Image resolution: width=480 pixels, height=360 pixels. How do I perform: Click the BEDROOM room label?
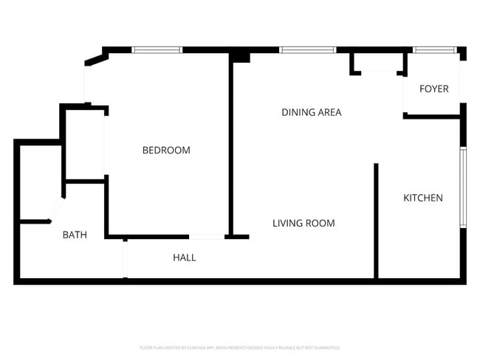(x=166, y=150)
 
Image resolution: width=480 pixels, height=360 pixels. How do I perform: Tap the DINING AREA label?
(x=311, y=113)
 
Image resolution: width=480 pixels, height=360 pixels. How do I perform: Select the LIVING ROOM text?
(x=304, y=224)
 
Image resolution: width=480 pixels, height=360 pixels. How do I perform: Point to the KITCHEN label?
(x=422, y=198)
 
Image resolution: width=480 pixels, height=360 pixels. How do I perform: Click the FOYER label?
(x=433, y=89)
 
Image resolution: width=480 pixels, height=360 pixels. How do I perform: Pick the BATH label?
(x=75, y=235)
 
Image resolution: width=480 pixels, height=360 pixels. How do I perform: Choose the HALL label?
(x=185, y=257)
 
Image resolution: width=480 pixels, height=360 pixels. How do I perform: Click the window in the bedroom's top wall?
(x=157, y=50)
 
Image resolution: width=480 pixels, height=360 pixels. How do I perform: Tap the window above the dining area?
(x=307, y=50)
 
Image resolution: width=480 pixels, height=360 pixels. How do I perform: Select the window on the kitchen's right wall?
(x=463, y=187)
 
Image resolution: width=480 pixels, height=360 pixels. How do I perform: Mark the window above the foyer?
(x=435, y=50)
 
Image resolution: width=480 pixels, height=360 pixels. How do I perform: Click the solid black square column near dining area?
(x=240, y=56)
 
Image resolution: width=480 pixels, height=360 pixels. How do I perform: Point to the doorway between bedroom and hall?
(x=207, y=237)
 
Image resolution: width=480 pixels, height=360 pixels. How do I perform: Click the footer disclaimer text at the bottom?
(x=240, y=347)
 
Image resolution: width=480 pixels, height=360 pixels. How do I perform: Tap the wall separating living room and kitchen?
(x=376, y=221)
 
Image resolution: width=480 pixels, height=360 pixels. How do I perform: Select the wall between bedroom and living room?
(x=230, y=148)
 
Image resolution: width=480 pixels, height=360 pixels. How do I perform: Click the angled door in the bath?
(x=55, y=210)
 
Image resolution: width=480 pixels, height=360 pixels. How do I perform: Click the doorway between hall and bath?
(x=125, y=258)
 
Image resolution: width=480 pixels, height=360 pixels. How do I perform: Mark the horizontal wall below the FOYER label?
(x=432, y=117)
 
